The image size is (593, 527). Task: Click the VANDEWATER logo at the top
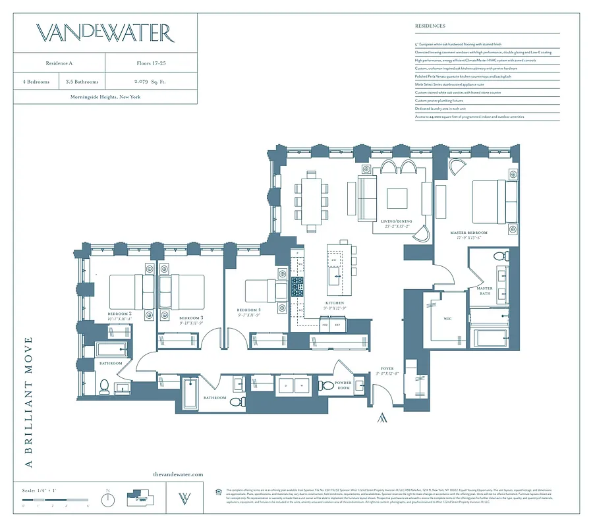tap(105, 33)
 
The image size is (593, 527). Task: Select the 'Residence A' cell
tap(60, 63)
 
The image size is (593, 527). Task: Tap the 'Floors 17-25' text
tap(150, 63)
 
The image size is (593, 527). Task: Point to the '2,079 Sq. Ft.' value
tap(150, 82)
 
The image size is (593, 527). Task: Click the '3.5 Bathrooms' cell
tap(82, 82)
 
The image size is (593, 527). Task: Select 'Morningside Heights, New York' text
tap(105, 97)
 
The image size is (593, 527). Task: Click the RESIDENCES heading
tap(430, 26)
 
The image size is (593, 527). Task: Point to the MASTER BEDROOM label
tap(468, 233)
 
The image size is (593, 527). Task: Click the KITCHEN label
tap(335, 303)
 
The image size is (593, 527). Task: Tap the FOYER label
tap(387, 369)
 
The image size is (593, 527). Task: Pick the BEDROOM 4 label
tap(248, 310)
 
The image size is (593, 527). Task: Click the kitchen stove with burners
tap(298, 285)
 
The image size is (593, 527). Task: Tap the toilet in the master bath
tap(499, 256)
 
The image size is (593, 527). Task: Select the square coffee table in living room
tap(397, 199)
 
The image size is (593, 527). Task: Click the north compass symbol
tap(108, 499)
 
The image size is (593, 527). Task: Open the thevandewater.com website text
tap(178, 474)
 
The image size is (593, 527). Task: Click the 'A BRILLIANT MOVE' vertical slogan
tap(28, 402)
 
